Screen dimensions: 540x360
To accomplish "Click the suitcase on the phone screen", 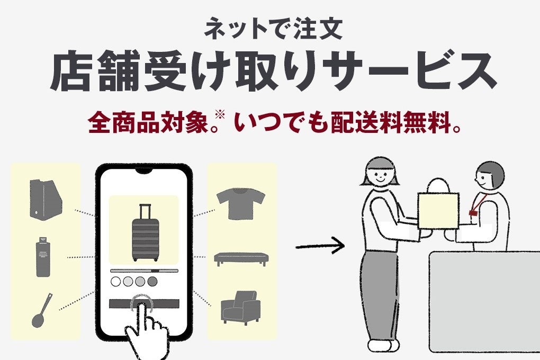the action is [144, 233].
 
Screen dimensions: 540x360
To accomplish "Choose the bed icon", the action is [241, 258].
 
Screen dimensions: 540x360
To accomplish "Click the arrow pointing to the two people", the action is [320, 246].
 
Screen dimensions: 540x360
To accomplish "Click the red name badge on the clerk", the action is [472, 212].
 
